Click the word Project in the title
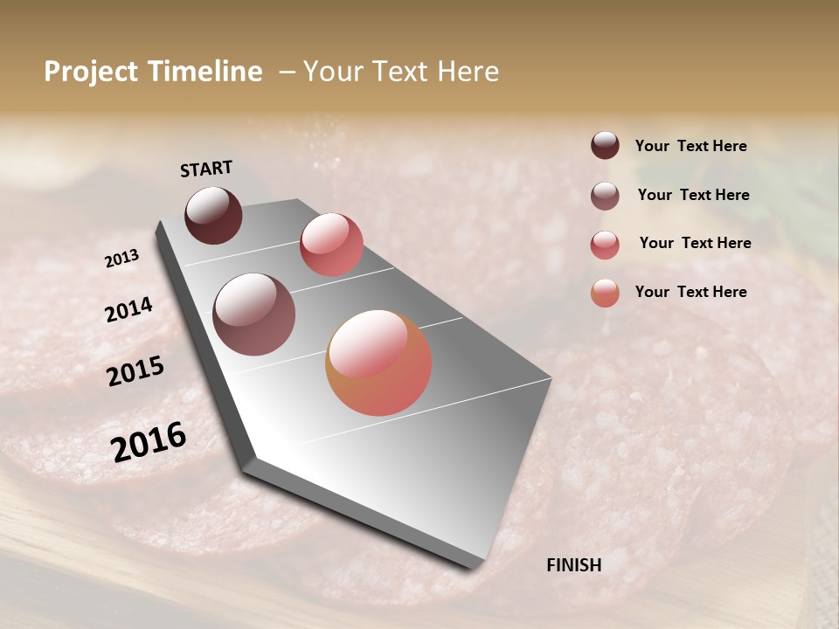pos(89,72)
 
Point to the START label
pos(206,169)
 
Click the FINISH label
pos(573,565)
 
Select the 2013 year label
pos(121,259)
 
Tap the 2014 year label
pos(128,309)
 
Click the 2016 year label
pos(149,442)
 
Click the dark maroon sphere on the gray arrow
pos(213,215)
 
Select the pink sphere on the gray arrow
pos(331,245)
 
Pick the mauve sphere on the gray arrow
pos(253,314)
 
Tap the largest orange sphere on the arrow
pos(378,363)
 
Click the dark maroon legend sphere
pos(605,145)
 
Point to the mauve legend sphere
pos(605,196)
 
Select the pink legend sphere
pos(605,245)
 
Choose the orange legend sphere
pos(605,293)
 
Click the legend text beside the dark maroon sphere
pos(690,146)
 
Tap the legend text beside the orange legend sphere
pos(690,292)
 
